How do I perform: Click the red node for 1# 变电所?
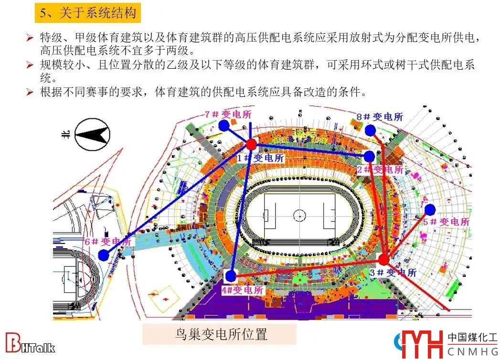pyautogui.click(x=251, y=144)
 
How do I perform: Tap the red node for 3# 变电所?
pyautogui.click(x=383, y=260)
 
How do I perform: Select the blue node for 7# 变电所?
pyautogui.click(x=223, y=126)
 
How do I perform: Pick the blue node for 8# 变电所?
pyautogui.click(x=370, y=130)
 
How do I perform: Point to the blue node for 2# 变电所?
pyautogui.click(x=369, y=157)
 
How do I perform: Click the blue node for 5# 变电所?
pyautogui.click(x=430, y=210)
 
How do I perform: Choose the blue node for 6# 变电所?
pyautogui.click(x=104, y=255)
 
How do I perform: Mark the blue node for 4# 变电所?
pyautogui.click(x=231, y=276)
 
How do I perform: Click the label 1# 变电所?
pyautogui.click(x=260, y=158)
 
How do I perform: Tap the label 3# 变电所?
pyautogui.click(x=393, y=273)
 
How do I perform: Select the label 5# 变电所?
pyautogui.click(x=446, y=222)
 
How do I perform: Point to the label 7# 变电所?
pyautogui.click(x=227, y=114)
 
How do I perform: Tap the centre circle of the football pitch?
pyautogui.click(x=299, y=213)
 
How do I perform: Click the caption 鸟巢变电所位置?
pyautogui.click(x=219, y=334)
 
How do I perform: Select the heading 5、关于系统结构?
pyautogui.click(x=88, y=13)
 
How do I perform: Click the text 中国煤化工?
pyautogui.click(x=472, y=338)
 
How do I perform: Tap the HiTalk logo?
pyautogui.click(x=31, y=344)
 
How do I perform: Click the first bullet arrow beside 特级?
pyautogui.click(x=30, y=37)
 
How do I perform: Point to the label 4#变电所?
pyautogui.click(x=242, y=289)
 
